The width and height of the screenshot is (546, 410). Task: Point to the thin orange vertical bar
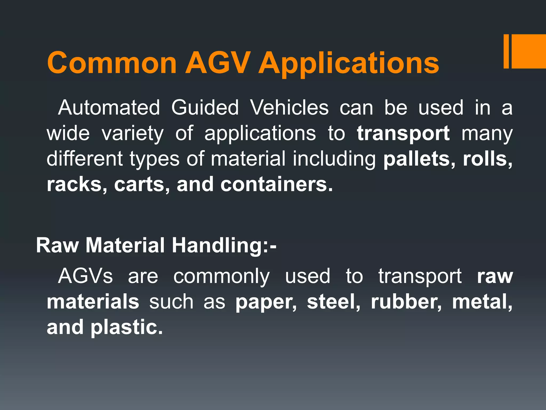tap(506, 51)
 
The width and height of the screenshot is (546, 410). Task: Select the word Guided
tap(205, 108)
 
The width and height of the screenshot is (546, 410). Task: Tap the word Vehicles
tap(290, 108)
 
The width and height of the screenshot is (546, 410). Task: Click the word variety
tap(133, 133)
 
